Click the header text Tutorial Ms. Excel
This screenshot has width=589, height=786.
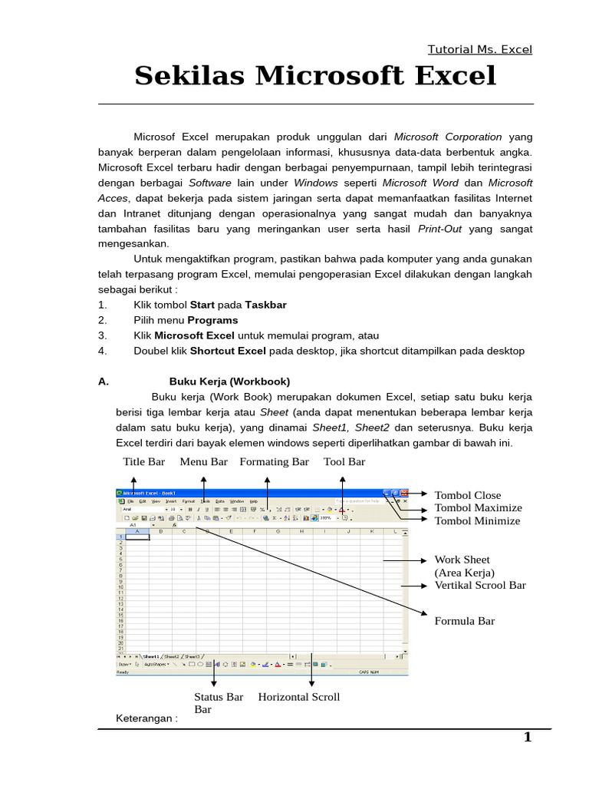tap(480, 49)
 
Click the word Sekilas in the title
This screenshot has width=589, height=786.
tap(189, 76)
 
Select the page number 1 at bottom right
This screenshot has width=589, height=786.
tap(527, 738)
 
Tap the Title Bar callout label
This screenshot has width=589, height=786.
tap(144, 462)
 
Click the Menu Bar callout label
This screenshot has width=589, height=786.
tap(204, 462)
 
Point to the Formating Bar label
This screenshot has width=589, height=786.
tap(274, 462)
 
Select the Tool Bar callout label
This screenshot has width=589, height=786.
tap(344, 462)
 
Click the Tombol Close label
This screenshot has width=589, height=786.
tap(468, 495)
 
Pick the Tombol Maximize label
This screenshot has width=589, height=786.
tap(478, 508)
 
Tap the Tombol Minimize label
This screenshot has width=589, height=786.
tap(477, 521)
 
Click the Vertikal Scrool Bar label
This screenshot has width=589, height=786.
tap(480, 585)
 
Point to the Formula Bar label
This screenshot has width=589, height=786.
tap(465, 621)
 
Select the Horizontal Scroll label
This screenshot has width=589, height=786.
tap(299, 697)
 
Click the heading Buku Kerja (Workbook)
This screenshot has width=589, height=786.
tap(229, 381)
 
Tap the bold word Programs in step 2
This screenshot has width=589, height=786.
tap(213, 320)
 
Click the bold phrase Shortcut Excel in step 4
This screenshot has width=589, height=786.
tap(228, 351)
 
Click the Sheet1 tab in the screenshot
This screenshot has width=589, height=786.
tap(150, 657)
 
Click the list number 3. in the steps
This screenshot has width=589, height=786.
tap(102, 335)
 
